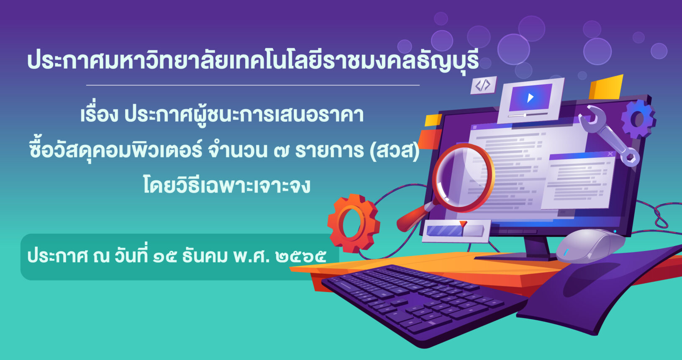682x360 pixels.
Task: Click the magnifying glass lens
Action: pos(463,177)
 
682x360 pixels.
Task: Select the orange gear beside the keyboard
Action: pos(354,224)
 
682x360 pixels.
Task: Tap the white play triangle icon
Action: pos(531,98)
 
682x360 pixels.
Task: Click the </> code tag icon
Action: pos(483,85)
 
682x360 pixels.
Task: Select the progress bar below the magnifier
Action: pos(456,231)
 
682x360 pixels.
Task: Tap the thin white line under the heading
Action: pos(253,85)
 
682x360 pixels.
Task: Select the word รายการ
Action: pos(329,150)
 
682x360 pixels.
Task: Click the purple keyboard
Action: pos(423,305)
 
